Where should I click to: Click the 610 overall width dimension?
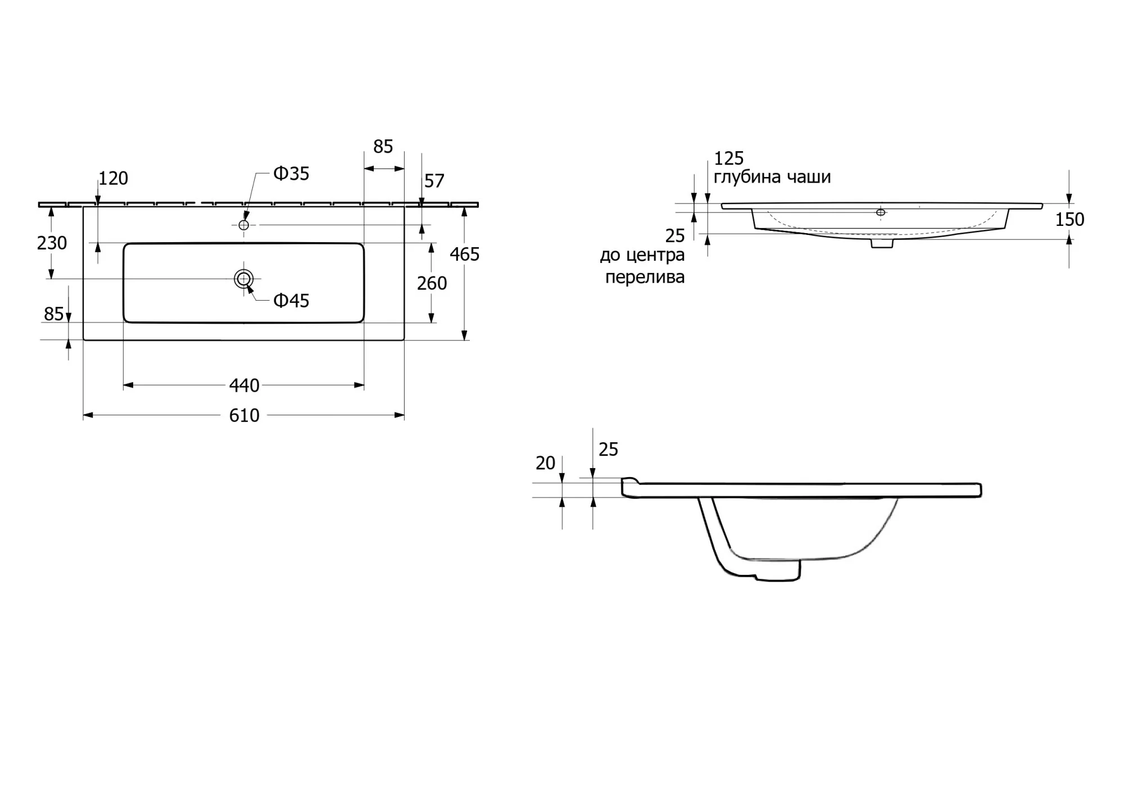pyautogui.click(x=244, y=415)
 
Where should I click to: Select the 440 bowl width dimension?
pyautogui.click(x=244, y=385)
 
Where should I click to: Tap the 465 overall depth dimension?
pyautogui.click(x=465, y=255)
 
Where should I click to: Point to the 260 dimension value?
pyautogui.click(x=432, y=283)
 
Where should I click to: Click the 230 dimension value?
pyautogui.click(x=52, y=243)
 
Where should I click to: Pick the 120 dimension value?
pyautogui.click(x=114, y=178)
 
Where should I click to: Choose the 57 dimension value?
pyautogui.click(x=434, y=181)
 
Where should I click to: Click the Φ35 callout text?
pyautogui.click(x=291, y=174)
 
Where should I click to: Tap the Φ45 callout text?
pyautogui.click(x=291, y=301)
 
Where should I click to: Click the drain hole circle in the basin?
pyautogui.click(x=244, y=279)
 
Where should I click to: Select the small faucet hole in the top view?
pyautogui.click(x=244, y=225)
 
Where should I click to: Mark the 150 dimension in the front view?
pyautogui.click(x=1069, y=220)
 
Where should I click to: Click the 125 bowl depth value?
pyautogui.click(x=729, y=158)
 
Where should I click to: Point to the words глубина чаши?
pyautogui.click(x=772, y=177)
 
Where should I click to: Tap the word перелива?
pyautogui.click(x=645, y=277)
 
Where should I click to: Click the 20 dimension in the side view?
pyautogui.click(x=545, y=463)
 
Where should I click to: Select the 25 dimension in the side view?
pyautogui.click(x=608, y=450)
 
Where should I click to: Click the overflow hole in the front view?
pyautogui.click(x=881, y=212)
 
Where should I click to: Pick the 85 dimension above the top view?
pyautogui.click(x=383, y=147)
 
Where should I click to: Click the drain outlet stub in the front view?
pyautogui.click(x=882, y=243)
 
